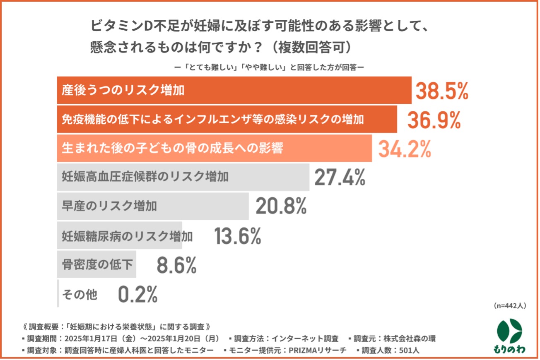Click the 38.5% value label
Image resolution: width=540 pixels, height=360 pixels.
[441, 91]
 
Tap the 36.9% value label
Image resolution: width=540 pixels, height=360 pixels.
[434, 120]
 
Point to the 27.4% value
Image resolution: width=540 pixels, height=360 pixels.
[340, 177]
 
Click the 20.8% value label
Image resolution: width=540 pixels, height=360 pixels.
[281, 206]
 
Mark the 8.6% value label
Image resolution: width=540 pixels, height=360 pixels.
[176, 265]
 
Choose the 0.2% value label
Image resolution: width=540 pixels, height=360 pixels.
[137, 295]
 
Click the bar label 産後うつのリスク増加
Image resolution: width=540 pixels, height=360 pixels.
[123, 90]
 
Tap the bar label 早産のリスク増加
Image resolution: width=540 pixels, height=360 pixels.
[109, 206]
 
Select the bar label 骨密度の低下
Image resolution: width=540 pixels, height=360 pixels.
[97, 265]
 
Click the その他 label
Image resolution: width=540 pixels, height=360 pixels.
[80, 295]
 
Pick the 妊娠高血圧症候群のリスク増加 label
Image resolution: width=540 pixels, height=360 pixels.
[145, 177]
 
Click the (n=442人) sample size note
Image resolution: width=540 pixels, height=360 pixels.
[510, 306]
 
